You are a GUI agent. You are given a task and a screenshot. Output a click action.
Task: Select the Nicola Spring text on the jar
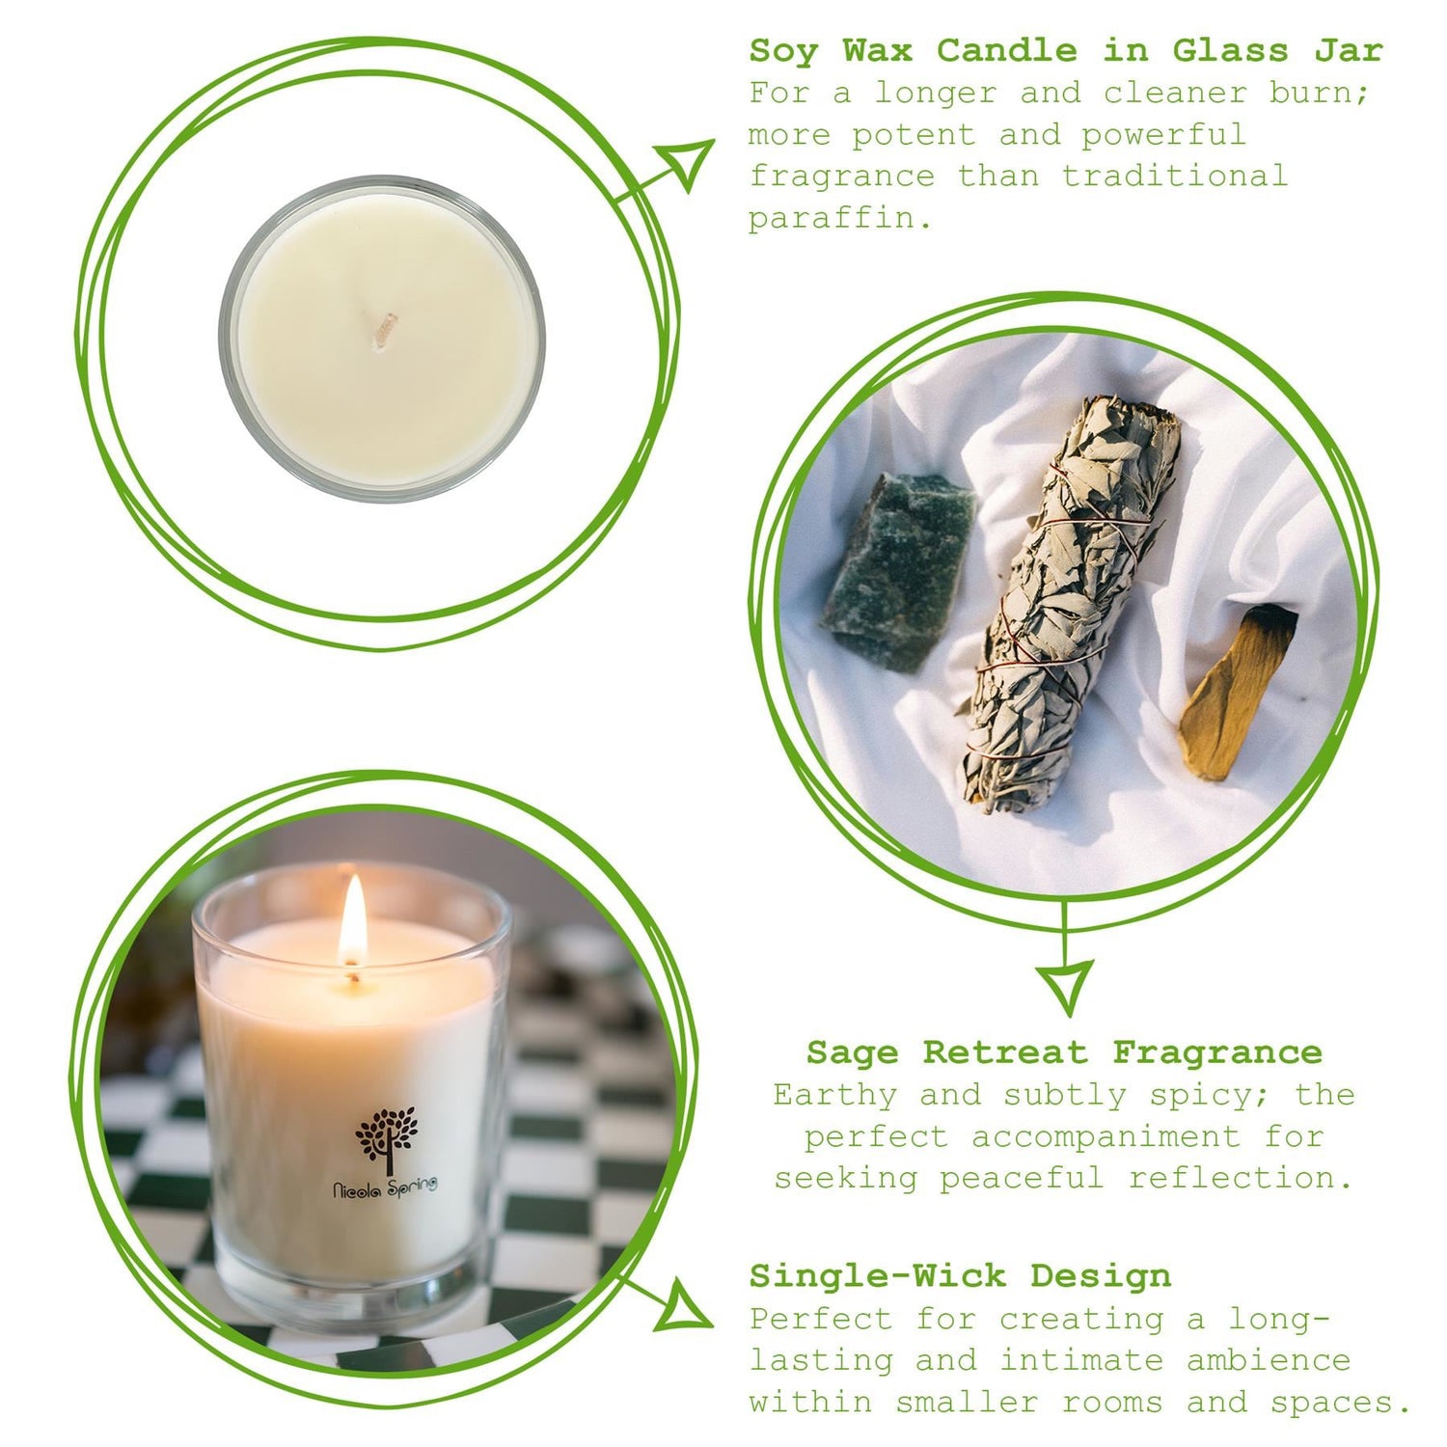coord(385,1186)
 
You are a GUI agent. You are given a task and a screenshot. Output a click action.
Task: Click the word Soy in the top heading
coord(782,51)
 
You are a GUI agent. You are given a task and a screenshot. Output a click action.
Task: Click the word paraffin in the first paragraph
coord(839,219)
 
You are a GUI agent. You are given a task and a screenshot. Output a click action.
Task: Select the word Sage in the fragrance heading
coord(852,1052)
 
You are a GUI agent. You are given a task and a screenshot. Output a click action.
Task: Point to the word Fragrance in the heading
coord(1216,1052)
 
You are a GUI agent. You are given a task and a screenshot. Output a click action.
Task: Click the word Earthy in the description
coord(834,1096)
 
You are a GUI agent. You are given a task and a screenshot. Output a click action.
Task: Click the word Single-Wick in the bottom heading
coord(877,1276)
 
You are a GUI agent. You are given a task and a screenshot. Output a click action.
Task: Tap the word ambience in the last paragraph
coord(1268,1360)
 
